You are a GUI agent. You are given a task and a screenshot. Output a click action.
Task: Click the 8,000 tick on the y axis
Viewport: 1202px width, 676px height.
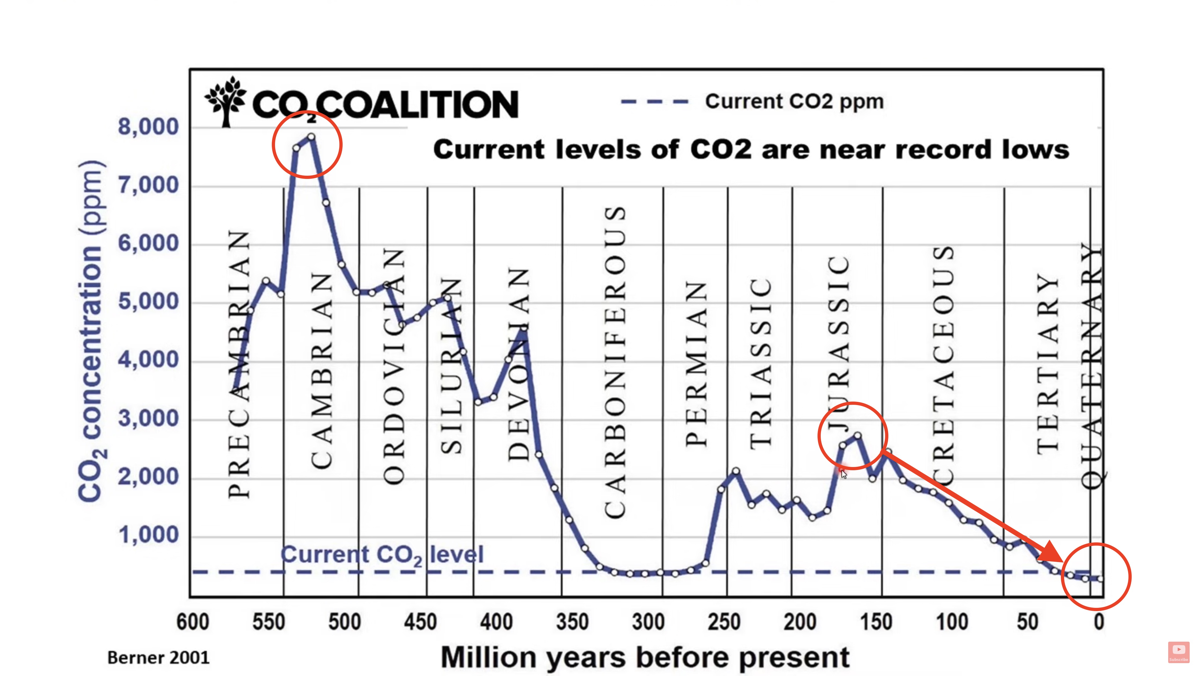(x=148, y=127)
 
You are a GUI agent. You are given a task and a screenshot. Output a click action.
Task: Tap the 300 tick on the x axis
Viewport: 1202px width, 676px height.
(x=648, y=622)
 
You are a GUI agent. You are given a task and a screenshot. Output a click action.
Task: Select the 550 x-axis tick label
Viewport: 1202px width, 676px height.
(x=268, y=622)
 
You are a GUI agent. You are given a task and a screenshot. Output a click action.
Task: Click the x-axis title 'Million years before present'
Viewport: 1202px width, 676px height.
(x=644, y=657)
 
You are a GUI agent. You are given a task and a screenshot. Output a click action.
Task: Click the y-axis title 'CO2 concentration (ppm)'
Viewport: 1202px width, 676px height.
(x=91, y=331)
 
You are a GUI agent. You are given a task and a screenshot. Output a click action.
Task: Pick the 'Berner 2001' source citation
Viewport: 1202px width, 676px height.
(x=158, y=658)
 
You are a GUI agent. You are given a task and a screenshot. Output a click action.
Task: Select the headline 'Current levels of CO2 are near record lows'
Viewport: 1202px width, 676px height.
(x=751, y=150)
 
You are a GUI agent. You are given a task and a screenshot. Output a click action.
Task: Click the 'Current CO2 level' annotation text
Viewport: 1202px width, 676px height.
(x=382, y=555)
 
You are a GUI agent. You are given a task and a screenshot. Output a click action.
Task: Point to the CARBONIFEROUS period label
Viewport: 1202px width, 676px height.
(x=615, y=362)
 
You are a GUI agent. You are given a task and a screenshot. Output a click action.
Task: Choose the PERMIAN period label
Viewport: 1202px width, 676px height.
(x=696, y=364)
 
